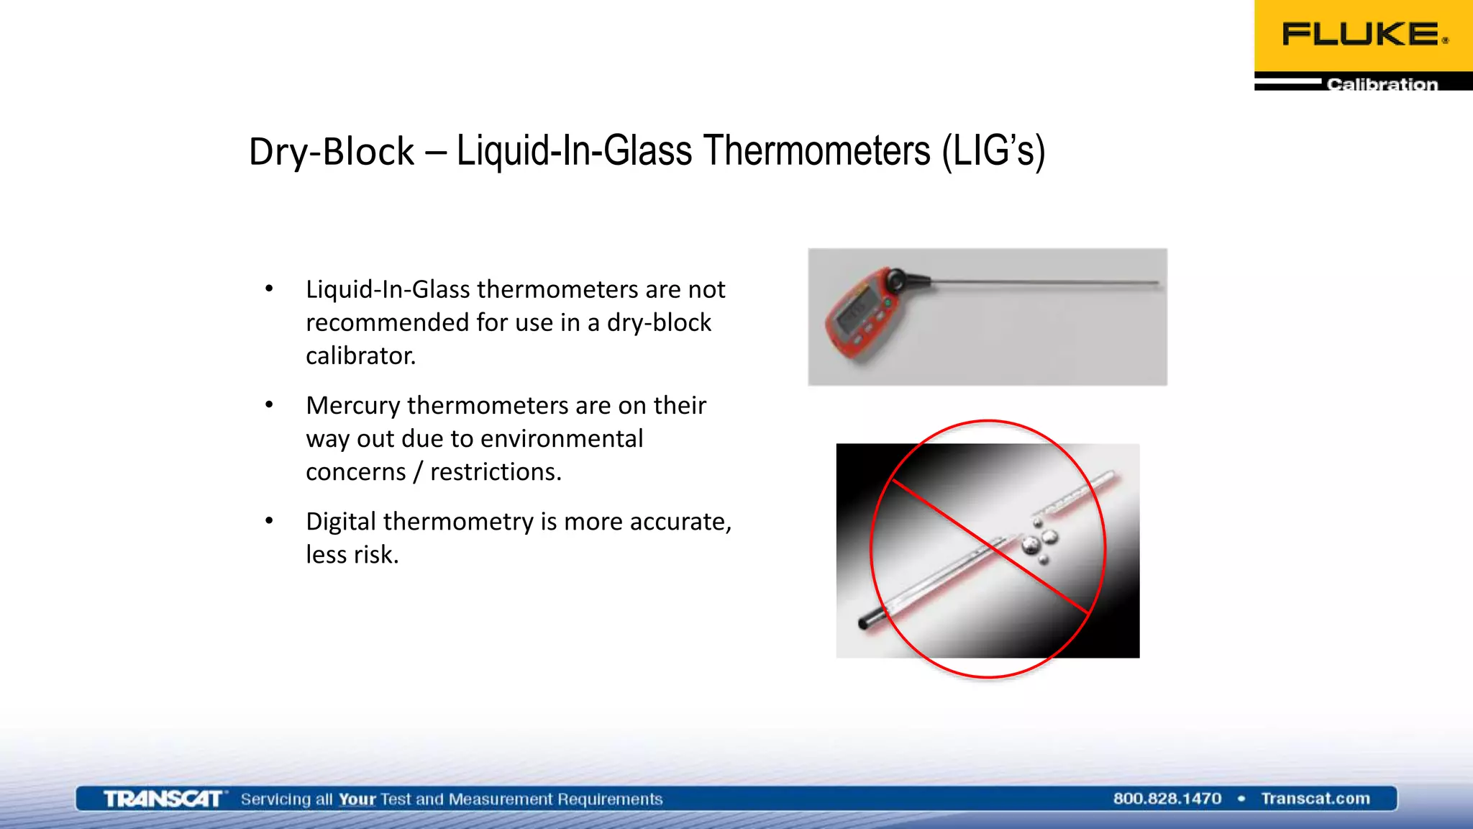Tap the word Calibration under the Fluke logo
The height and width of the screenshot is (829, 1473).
coord(1382,84)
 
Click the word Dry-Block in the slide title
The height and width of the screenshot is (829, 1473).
coord(332,152)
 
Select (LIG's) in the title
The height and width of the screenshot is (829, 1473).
coord(994,152)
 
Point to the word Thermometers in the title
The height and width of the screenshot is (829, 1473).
coord(817,151)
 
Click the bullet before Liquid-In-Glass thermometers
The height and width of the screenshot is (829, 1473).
coord(269,289)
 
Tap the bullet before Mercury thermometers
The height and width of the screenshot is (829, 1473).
coord(269,405)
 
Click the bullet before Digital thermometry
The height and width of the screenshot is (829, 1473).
coord(269,521)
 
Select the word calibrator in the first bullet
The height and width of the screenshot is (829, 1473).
coord(360,355)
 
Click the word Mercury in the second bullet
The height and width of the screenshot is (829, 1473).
coord(352,406)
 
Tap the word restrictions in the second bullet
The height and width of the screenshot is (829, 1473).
coord(496,472)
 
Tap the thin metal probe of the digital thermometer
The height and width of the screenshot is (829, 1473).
coord(1043,283)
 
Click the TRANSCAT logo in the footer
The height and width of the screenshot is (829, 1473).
coord(163,799)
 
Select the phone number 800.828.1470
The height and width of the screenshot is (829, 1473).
coord(1167,799)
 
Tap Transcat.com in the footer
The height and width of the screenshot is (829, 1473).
coord(1315,799)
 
